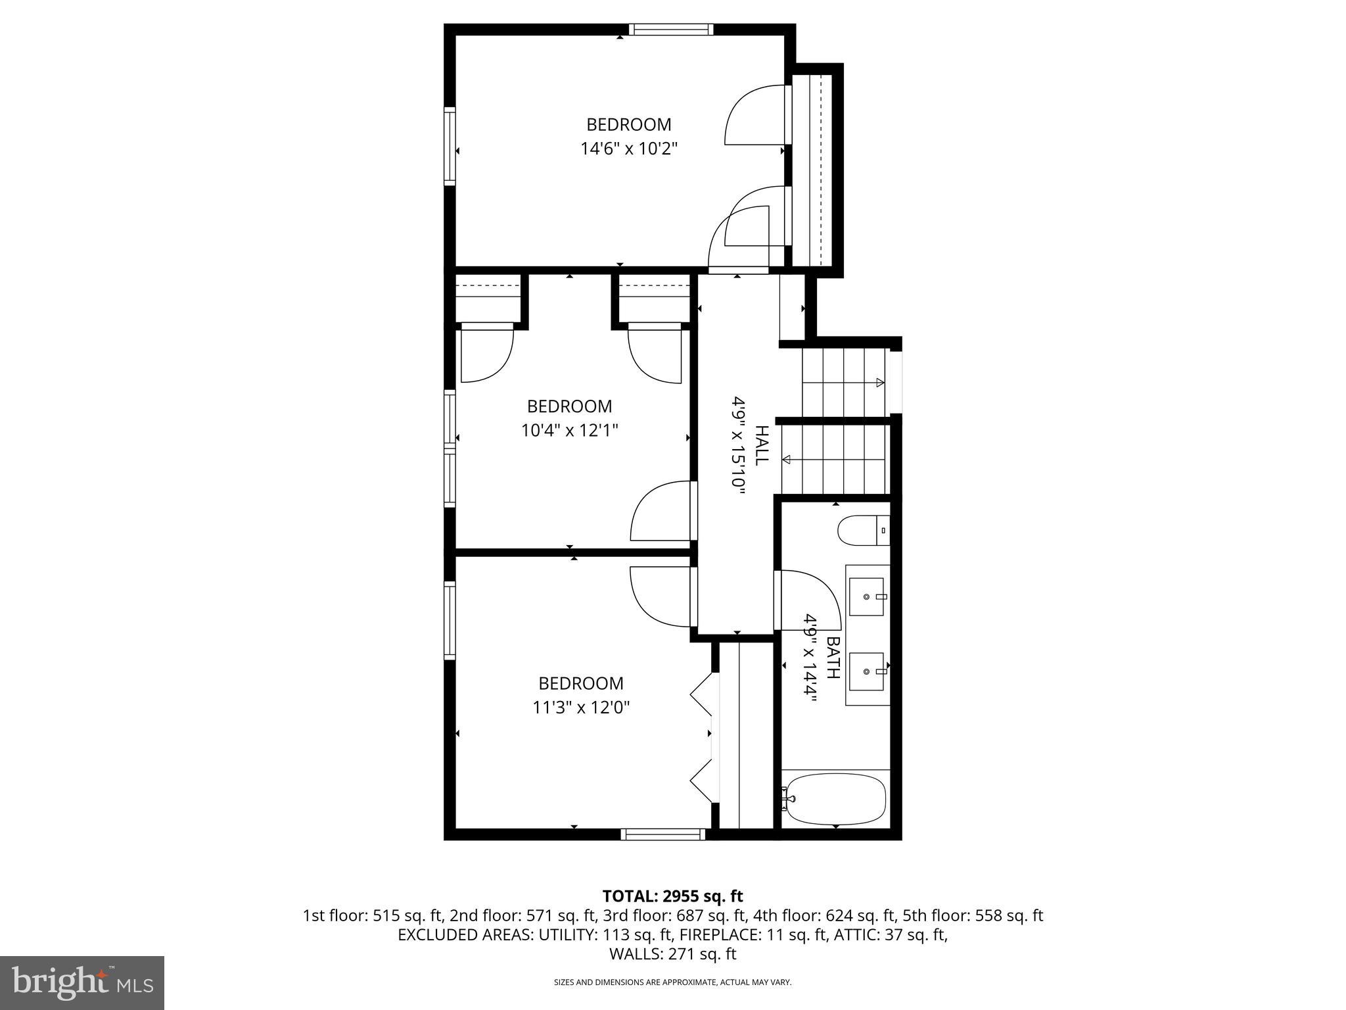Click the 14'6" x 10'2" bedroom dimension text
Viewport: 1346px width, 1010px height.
[x=628, y=149]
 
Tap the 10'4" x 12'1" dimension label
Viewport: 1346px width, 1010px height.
[x=569, y=431]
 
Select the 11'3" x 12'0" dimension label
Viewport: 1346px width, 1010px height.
[x=581, y=708]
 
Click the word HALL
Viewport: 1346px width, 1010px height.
[x=760, y=445]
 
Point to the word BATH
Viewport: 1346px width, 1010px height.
[x=833, y=658]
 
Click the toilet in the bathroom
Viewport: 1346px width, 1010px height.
[x=864, y=531]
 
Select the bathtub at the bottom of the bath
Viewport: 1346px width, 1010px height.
[x=836, y=798]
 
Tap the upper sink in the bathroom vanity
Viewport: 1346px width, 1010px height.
[x=867, y=596]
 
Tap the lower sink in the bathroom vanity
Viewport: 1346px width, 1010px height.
[x=867, y=671]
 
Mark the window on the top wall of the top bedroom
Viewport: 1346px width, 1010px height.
[x=670, y=29]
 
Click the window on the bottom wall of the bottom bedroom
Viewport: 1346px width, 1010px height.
[x=662, y=834]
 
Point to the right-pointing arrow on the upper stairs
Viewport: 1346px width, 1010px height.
[x=879, y=383]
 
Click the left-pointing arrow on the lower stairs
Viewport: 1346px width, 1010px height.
[x=786, y=460]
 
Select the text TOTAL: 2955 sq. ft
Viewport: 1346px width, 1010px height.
[x=672, y=896]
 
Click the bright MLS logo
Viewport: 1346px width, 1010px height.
[x=82, y=982]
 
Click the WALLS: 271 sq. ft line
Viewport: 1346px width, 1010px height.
[x=672, y=953]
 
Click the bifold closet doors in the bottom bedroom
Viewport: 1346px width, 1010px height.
[x=702, y=737]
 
